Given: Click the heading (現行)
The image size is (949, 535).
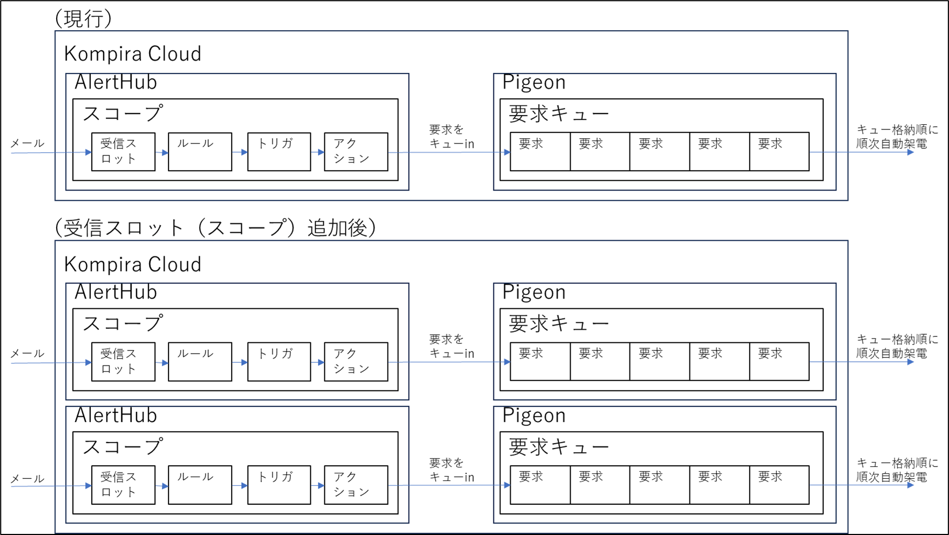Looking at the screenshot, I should pyautogui.click(x=84, y=19).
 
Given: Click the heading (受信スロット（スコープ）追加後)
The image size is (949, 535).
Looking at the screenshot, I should pyautogui.click(x=215, y=228).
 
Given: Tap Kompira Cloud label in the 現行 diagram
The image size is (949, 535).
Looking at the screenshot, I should pyautogui.click(x=133, y=54).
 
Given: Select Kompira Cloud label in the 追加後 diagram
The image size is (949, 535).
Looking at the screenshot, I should pyautogui.click(x=133, y=265).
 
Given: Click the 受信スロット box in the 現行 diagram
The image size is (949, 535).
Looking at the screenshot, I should pyautogui.click(x=123, y=152).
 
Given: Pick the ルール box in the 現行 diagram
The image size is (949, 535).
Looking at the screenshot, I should pyautogui.click(x=200, y=152).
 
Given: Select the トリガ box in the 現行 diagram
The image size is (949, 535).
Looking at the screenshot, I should pyautogui.click(x=279, y=152).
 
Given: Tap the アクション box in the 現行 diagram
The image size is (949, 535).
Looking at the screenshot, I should pyautogui.click(x=356, y=152).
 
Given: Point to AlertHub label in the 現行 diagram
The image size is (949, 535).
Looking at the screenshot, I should pyautogui.click(x=116, y=83).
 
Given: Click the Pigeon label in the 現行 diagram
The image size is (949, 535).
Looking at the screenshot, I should pyautogui.click(x=534, y=83).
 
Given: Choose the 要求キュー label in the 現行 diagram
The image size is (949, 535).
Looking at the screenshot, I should pyautogui.click(x=559, y=114).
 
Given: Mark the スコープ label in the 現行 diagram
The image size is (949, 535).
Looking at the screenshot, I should pyautogui.click(x=123, y=114).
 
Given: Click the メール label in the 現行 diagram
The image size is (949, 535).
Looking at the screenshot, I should pyautogui.click(x=28, y=143).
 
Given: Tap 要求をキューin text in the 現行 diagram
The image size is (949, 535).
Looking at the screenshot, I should pyautogui.click(x=451, y=137).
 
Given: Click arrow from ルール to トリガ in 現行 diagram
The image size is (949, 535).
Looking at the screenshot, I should pyautogui.click(x=240, y=152).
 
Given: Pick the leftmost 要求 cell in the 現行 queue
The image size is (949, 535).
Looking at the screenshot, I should pyautogui.click(x=540, y=152).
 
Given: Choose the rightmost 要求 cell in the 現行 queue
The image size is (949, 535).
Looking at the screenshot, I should pyautogui.click(x=779, y=152).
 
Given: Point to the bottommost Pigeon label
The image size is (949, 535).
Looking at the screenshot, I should pyautogui.click(x=534, y=416).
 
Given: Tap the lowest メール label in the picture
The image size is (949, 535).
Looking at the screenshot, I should pyautogui.click(x=28, y=479).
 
